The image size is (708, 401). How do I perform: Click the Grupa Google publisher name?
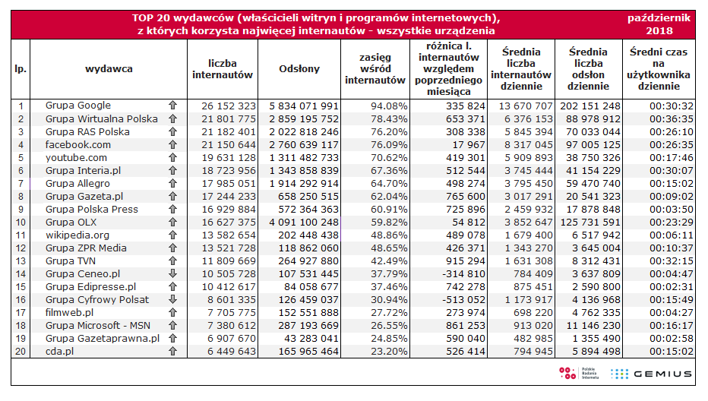[77, 106]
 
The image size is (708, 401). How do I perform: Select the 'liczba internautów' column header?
[222, 68]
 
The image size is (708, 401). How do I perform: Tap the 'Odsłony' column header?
[299, 68]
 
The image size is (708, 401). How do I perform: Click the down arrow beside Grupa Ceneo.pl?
[172, 273]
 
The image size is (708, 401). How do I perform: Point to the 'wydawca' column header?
[109, 68]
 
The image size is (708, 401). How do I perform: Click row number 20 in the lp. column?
[21, 351]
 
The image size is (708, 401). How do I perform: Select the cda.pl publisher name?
[62, 351]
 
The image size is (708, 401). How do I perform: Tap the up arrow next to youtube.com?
[172, 158]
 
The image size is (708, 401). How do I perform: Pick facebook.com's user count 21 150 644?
[222, 144]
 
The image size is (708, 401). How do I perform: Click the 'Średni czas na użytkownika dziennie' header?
[659, 68]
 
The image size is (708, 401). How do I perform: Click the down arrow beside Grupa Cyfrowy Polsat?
[172, 299]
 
